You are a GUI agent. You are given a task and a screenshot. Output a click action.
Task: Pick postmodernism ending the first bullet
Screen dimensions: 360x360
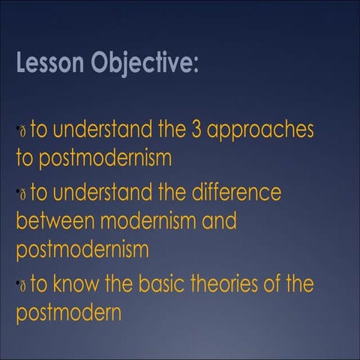point(94,159)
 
